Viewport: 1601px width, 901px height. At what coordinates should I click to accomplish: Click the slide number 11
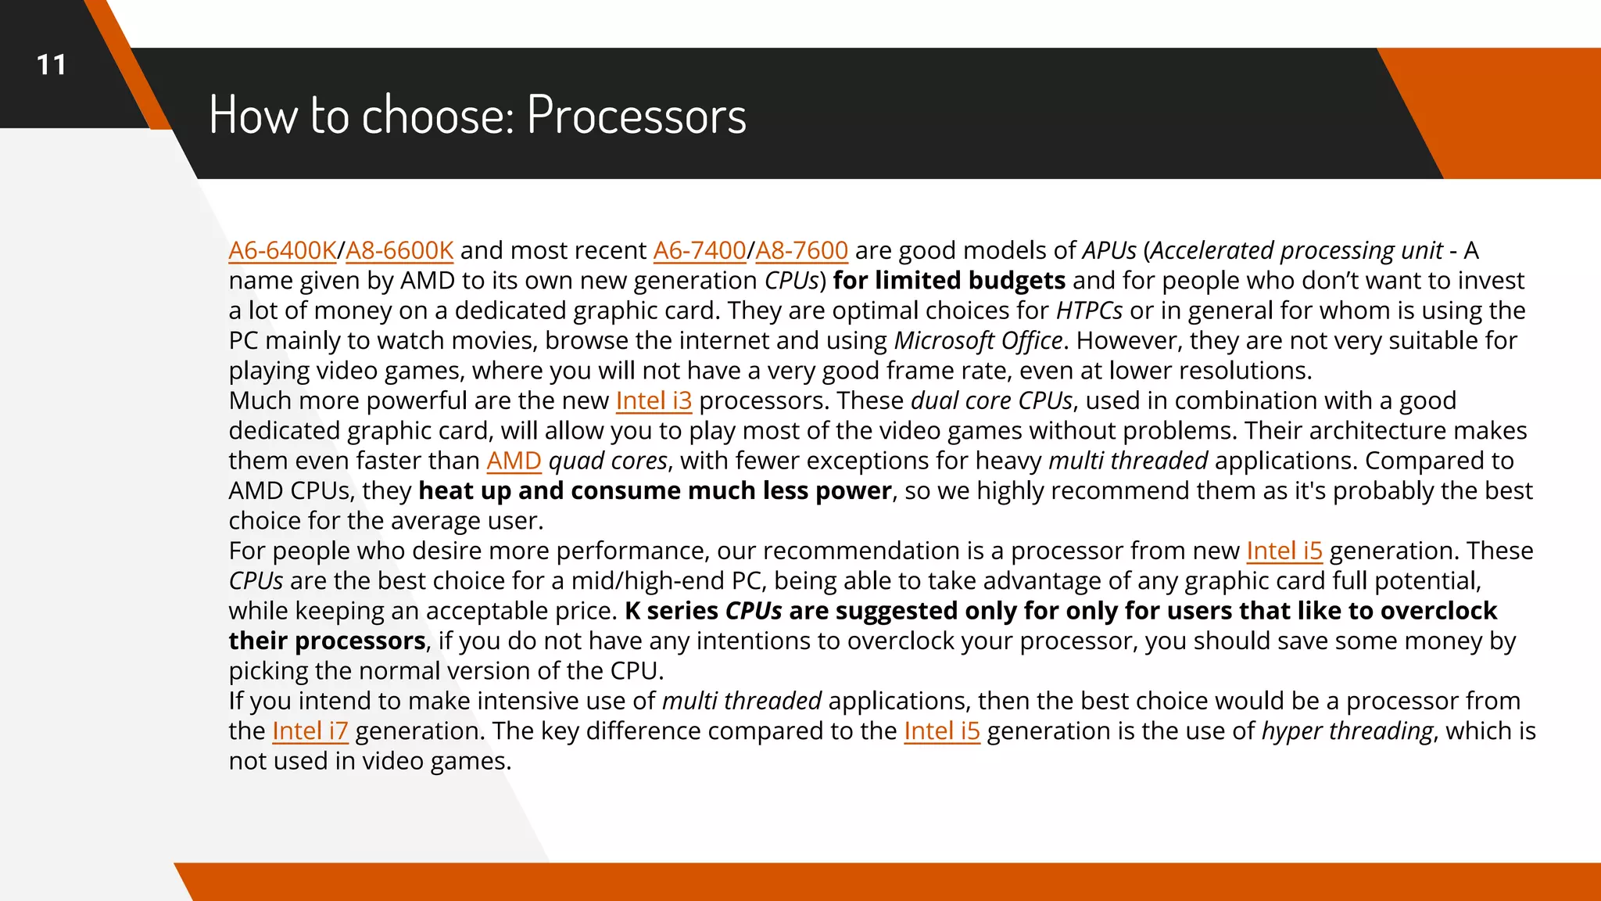pyautogui.click(x=52, y=65)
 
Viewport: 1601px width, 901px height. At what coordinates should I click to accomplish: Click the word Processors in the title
pyautogui.click(x=636, y=115)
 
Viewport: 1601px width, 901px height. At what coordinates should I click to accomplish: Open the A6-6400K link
pyautogui.click(x=282, y=250)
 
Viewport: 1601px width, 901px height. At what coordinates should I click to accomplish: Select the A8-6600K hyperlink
pyautogui.click(x=399, y=250)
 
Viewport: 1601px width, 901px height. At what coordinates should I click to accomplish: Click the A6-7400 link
pyautogui.click(x=699, y=250)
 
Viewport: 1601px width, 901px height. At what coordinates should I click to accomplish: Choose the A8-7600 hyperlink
pyautogui.click(x=801, y=250)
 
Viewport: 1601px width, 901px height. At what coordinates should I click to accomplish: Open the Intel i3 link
pyautogui.click(x=654, y=400)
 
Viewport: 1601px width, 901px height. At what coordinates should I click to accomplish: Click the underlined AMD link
pyautogui.click(x=514, y=461)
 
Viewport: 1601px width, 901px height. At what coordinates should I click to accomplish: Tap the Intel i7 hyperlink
pyautogui.click(x=310, y=730)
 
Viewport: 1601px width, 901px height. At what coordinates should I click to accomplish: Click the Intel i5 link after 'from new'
pyautogui.click(x=1284, y=551)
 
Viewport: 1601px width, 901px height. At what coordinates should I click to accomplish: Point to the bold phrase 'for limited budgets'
pyautogui.click(x=949, y=280)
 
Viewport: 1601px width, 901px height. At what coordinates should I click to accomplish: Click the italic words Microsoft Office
pyautogui.click(x=978, y=340)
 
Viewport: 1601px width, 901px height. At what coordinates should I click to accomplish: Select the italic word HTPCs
pyautogui.click(x=1089, y=311)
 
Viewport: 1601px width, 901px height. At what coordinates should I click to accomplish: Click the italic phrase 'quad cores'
pyautogui.click(x=607, y=461)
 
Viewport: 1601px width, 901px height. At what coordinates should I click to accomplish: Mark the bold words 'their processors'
pyautogui.click(x=327, y=641)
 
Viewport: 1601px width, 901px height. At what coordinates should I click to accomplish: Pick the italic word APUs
pyautogui.click(x=1109, y=250)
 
